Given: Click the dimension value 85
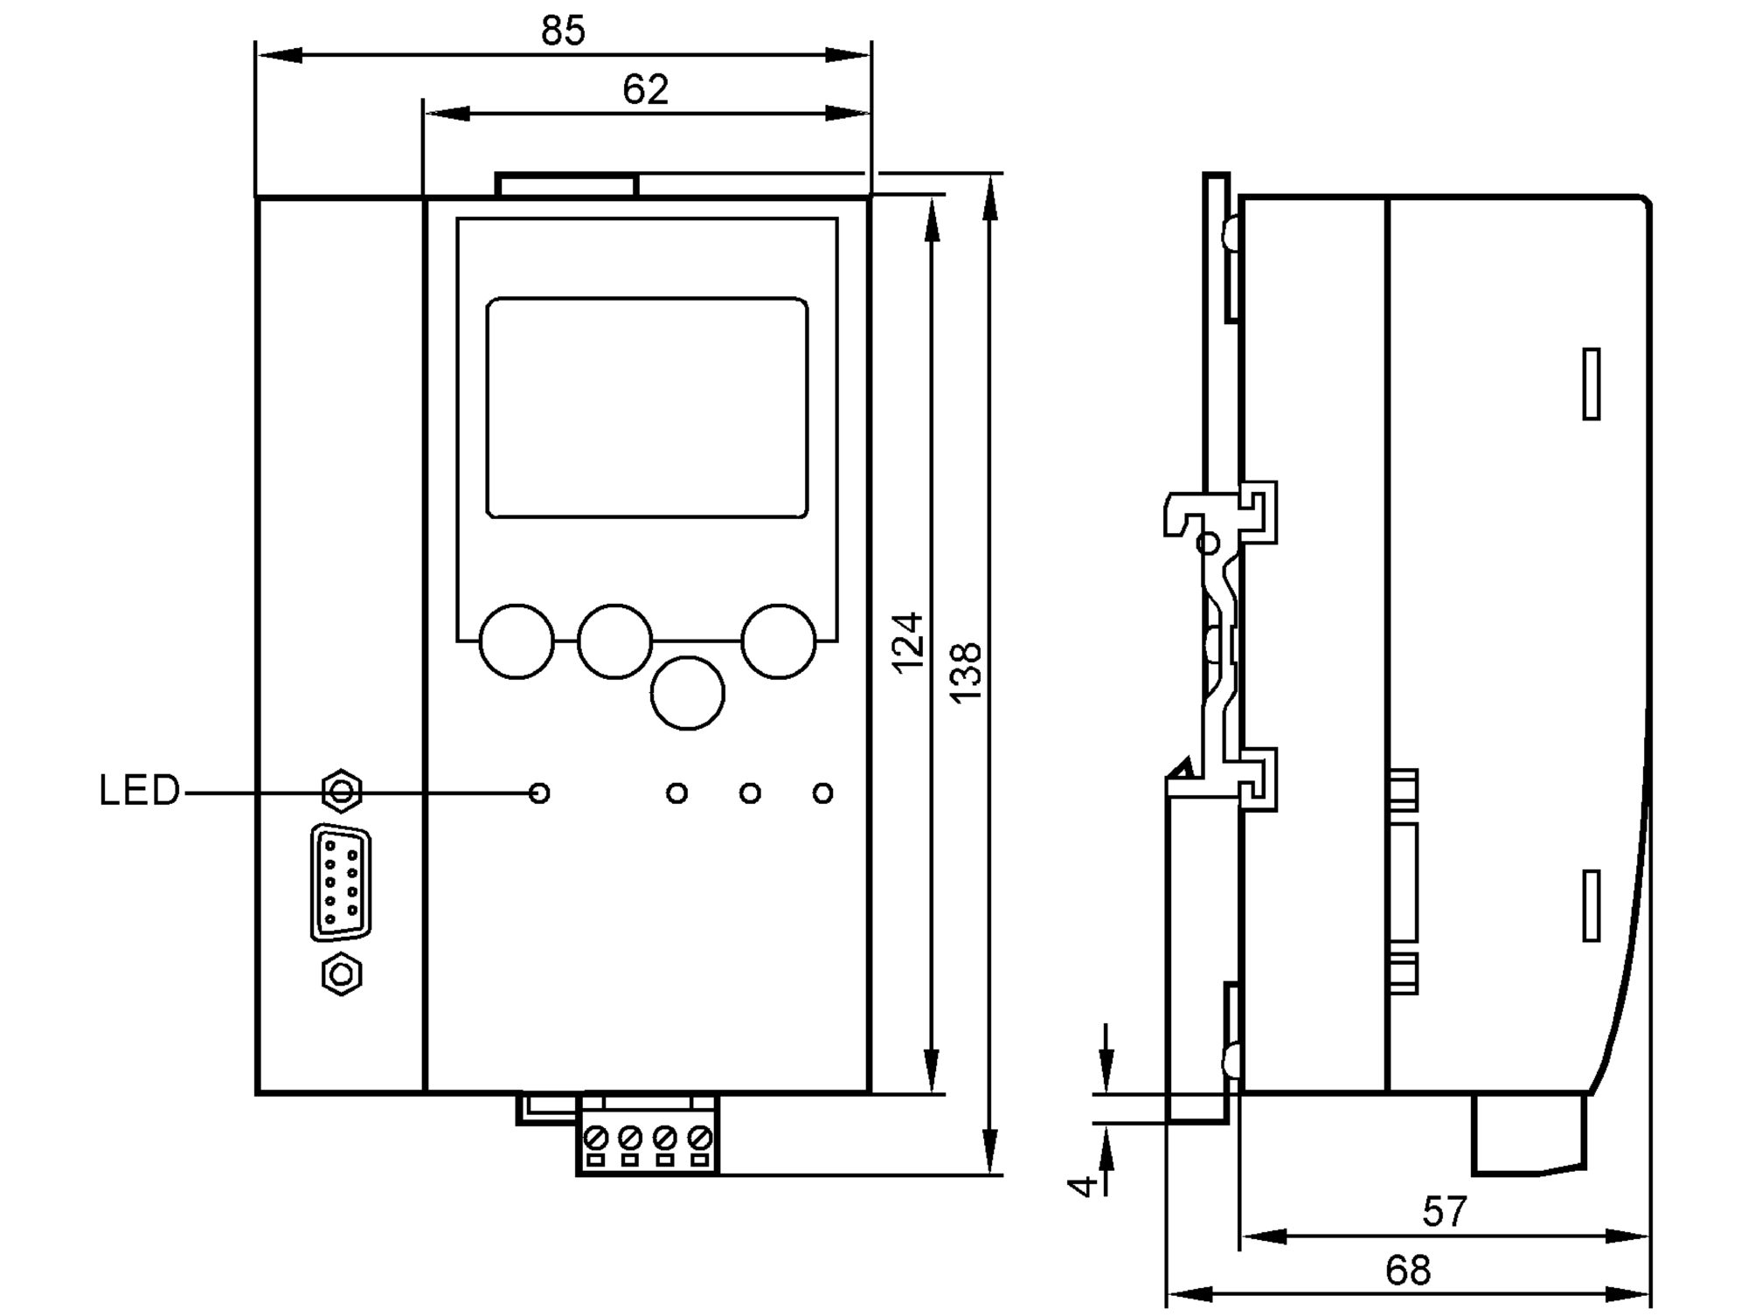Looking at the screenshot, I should coord(562,31).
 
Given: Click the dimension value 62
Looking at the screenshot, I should coord(645,90).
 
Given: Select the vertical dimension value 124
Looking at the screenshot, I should coord(909,643).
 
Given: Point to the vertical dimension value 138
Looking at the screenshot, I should coord(967,673).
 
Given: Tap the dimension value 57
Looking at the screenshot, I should coord(1444,1212).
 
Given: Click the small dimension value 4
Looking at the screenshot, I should coord(1084,1186).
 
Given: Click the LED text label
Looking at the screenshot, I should coord(139,791).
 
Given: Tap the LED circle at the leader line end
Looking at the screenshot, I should coord(539,793).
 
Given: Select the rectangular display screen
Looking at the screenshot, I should coord(647,408).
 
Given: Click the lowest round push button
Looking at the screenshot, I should coord(688,693).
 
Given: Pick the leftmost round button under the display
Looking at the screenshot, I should coord(517,641).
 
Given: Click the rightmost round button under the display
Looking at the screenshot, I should coord(778,641).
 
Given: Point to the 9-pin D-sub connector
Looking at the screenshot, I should coord(340,883).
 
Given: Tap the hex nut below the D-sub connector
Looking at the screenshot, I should coord(342,973).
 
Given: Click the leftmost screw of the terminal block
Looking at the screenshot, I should coord(596,1138).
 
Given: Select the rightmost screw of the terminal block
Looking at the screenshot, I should coord(699,1138).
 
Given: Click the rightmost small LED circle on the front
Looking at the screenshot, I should coord(822,793).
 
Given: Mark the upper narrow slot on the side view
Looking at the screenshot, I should coord(1592,384).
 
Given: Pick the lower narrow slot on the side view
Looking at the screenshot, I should coord(1592,906).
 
